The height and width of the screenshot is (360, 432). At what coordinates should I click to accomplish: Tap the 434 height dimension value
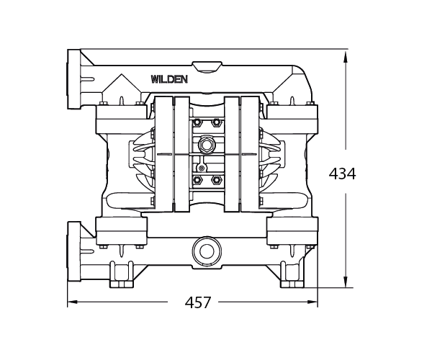coord(342,174)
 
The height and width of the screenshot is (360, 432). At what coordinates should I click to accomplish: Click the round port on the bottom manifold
coord(205,252)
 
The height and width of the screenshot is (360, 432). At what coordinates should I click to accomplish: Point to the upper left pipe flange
coord(73,78)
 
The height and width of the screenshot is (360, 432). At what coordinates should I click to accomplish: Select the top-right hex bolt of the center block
coord(216,122)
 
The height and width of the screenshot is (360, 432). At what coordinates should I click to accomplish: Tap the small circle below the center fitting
coord(202,167)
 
